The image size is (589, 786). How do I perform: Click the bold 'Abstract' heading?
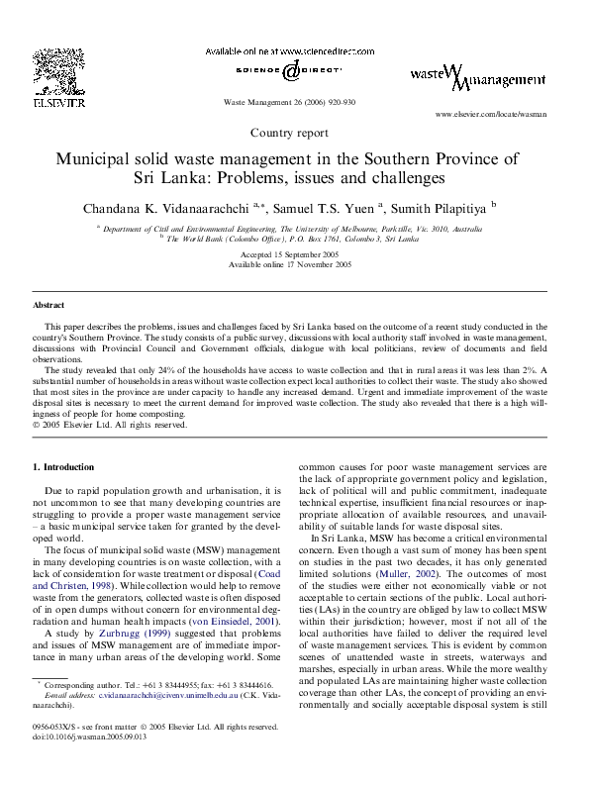(x=49, y=306)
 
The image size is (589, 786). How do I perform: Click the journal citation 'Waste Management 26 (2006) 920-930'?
(x=290, y=103)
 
